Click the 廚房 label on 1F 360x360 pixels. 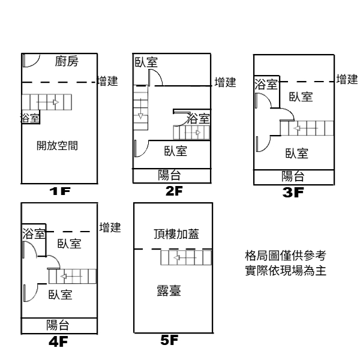[67, 62]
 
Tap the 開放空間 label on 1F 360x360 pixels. [58, 145]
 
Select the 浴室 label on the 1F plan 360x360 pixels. [30, 118]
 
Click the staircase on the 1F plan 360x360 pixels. [47, 102]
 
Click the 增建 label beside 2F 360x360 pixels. [226, 82]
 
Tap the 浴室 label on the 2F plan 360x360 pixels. [199, 119]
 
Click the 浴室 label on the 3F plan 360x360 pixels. [266, 85]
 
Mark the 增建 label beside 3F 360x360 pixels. [347, 79]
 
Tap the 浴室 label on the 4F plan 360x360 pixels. [34, 233]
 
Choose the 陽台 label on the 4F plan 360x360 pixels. [58, 325]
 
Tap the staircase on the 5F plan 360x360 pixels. [187, 257]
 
